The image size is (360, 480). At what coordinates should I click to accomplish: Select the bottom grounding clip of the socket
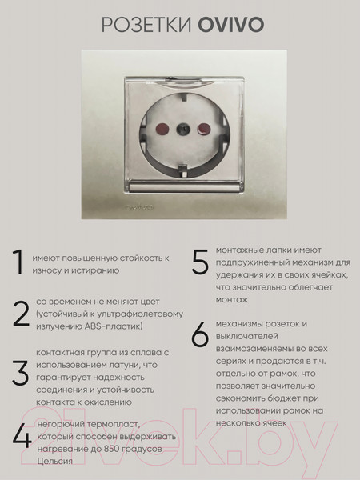coord(181,166)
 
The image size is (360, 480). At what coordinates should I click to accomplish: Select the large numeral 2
coord(21,314)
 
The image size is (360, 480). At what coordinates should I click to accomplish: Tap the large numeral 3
coord(21,374)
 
